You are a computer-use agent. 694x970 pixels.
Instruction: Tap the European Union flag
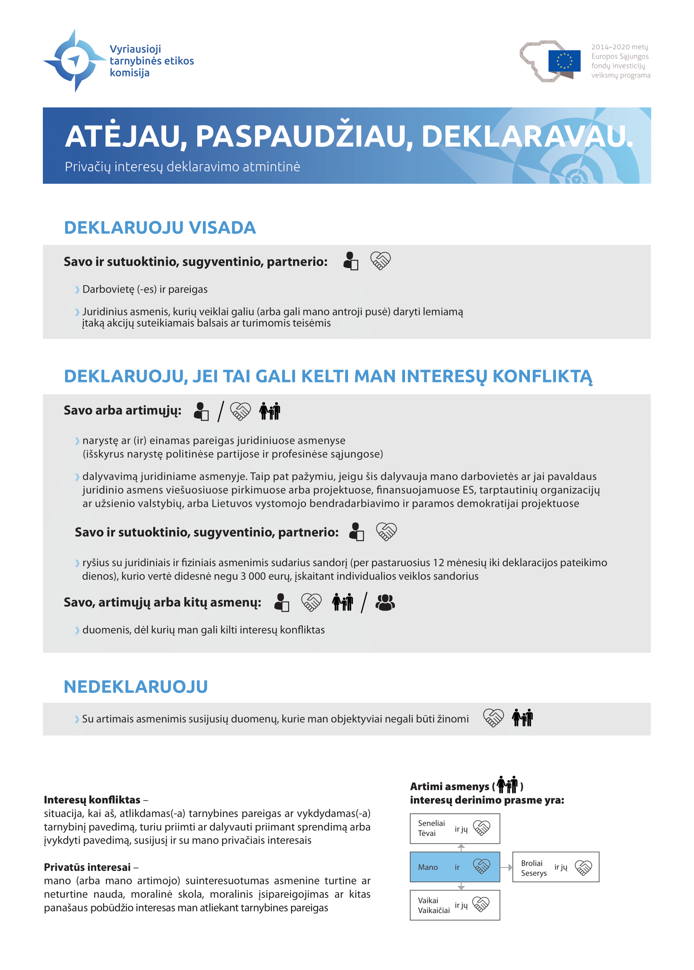tap(564, 61)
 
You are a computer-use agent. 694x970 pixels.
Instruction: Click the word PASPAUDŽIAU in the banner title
tap(304, 136)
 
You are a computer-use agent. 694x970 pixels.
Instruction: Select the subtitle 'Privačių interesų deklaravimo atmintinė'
tap(182, 166)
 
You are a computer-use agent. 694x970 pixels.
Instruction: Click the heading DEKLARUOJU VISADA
tap(160, 227)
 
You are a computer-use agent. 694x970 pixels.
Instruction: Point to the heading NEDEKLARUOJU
tap(136, 687)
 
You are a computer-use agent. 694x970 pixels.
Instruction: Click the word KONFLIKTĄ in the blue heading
tap(542, 376)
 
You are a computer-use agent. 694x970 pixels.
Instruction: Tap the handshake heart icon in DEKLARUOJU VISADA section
tap(380, 260)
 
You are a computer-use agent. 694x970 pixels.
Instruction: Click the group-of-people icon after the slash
tap(385, 603)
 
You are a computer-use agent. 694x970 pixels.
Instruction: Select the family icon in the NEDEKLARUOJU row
tap(522, 718)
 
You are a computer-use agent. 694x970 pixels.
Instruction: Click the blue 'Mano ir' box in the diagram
tap(455, 867)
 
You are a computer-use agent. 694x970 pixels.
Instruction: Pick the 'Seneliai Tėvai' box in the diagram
tap(455, 829)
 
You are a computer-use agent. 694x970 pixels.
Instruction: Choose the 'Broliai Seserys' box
tap(555, 867)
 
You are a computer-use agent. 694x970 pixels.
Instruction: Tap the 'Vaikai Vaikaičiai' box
tap(455, 905)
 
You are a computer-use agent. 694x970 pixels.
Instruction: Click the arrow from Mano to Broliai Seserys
tap(506, 867)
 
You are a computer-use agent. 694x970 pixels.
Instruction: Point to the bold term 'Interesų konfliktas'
tap(92, 800)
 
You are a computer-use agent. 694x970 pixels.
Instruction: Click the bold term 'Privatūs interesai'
tap(87, 867)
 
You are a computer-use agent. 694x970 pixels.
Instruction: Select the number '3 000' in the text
tap(255, 576)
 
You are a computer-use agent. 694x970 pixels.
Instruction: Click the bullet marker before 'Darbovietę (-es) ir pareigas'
tap(77, 290)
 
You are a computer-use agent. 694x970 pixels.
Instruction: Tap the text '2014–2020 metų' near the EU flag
tap(619, 47)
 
